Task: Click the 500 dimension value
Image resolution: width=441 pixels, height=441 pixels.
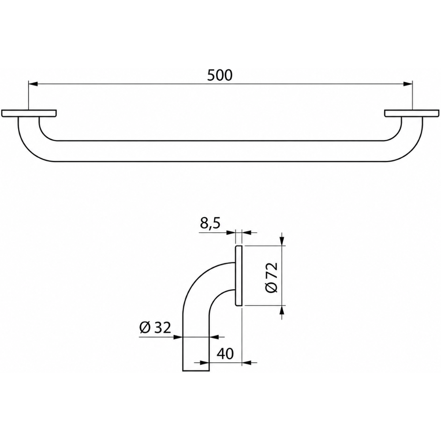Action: tap(220, 75)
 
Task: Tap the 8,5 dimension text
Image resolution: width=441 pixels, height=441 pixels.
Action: tap(210, 224)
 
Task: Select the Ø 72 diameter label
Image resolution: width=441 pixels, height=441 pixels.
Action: tap(272, 277)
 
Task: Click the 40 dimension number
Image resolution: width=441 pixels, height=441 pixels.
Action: tap(225, 354)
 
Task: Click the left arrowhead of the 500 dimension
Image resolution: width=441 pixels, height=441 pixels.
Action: tap(33, 83)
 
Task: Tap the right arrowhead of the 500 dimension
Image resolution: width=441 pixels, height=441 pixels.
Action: tap(408, 83)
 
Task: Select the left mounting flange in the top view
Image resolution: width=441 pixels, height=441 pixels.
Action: tap(29, 113)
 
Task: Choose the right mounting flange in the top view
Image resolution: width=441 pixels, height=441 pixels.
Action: tap(412, 113)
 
